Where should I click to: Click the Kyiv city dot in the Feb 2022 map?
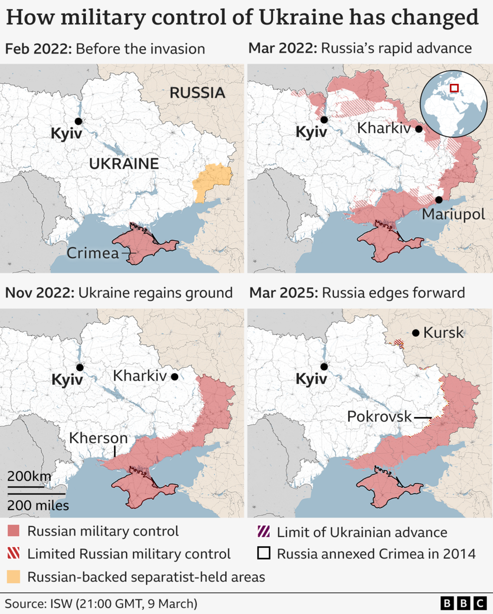(x=78, y=121)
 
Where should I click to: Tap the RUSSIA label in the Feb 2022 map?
(x=197, y=93)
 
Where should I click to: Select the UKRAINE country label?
(x=124, y=164)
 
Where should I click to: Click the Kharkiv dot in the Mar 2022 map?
(x=419, y=129)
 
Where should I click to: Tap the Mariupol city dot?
(x=439, y=200)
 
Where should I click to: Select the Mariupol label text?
(x=453, y=214)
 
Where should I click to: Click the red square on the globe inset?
(x=454, y=88)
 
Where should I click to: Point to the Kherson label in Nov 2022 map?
(x=99, y=438)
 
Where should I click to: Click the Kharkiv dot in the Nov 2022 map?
(x=175, y=377)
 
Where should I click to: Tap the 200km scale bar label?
(x=29, y=476)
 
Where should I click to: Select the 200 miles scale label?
(x=38, y=504)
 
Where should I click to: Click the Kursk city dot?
(x=415, y=333)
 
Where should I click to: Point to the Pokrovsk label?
(x=379, y=417)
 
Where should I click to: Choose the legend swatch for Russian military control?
(x=14, y=531)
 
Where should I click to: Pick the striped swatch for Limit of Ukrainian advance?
(x=264, y=531)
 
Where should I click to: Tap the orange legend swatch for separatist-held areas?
(x=14, y=576)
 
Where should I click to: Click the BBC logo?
(x=463, y=603)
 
